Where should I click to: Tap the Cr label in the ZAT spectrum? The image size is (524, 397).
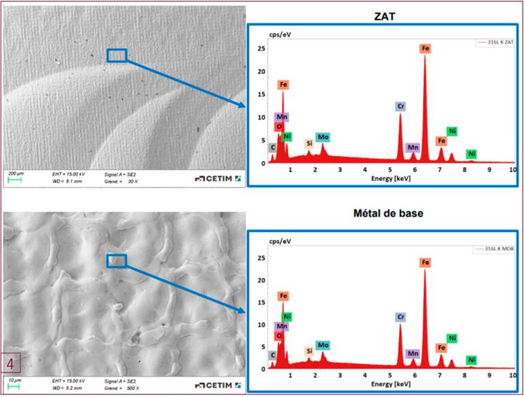pyautogui.click(x=400, y=106)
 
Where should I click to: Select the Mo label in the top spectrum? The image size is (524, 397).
pyautogui.click(x=323, y=137)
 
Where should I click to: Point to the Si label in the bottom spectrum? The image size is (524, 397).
pyautogui.click(x=308, y=351)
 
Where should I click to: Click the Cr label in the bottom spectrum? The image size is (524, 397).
pyautogui.click(x=400, y=317)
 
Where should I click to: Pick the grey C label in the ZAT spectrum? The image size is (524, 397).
pyautogui.click(x=272, y=147)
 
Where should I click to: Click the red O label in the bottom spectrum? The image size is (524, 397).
pyautogui.click(x=279, y=335)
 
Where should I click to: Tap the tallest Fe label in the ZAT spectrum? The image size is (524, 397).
pyautogui.click(x=425, y=48)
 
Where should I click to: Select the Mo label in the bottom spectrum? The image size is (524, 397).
pyautogui.click(x=323, y=345)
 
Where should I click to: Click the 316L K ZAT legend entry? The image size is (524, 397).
pyautogui.click(x=495, y=42)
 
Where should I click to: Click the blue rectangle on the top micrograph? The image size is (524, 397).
pyautogui.click(x=117, y=55)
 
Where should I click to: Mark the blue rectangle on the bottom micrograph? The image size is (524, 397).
pyautogui.click(x=117, y=260)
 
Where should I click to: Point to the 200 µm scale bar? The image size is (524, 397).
pyautogui.click(x=14, y=180)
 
